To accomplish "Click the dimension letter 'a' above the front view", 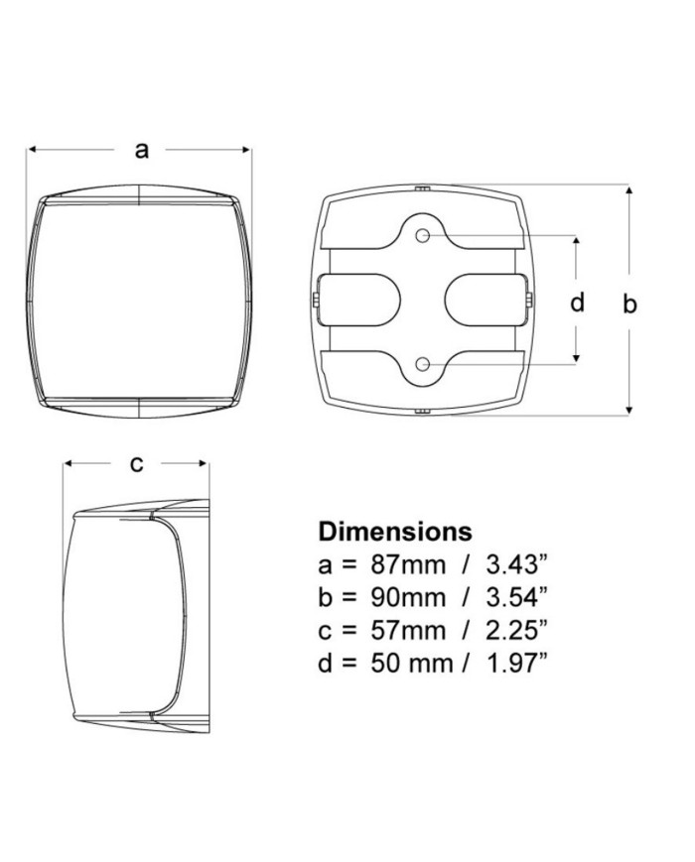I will pyautogui.click(x=142, y=150).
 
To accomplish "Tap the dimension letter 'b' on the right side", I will pyautogui.click(x=629, y=303).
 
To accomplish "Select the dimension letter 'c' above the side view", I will pyautogui.click(x=136, y=463).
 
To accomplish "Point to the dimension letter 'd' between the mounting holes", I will pyautogui.click(x=577, y=302).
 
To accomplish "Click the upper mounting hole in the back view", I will pyautogui.click(x=423, y=236).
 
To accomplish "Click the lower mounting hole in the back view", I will pyautogui.click(x=423, y=364).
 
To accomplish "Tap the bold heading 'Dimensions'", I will pyautogui.click(x=395, y=531).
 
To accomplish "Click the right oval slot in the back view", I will pyautogui.click(x=485, y=301).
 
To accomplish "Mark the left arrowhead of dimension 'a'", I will pyautogui.click(x=32, y=150).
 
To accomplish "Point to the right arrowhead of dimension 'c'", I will pyautogui.click(x=204, y=463).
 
